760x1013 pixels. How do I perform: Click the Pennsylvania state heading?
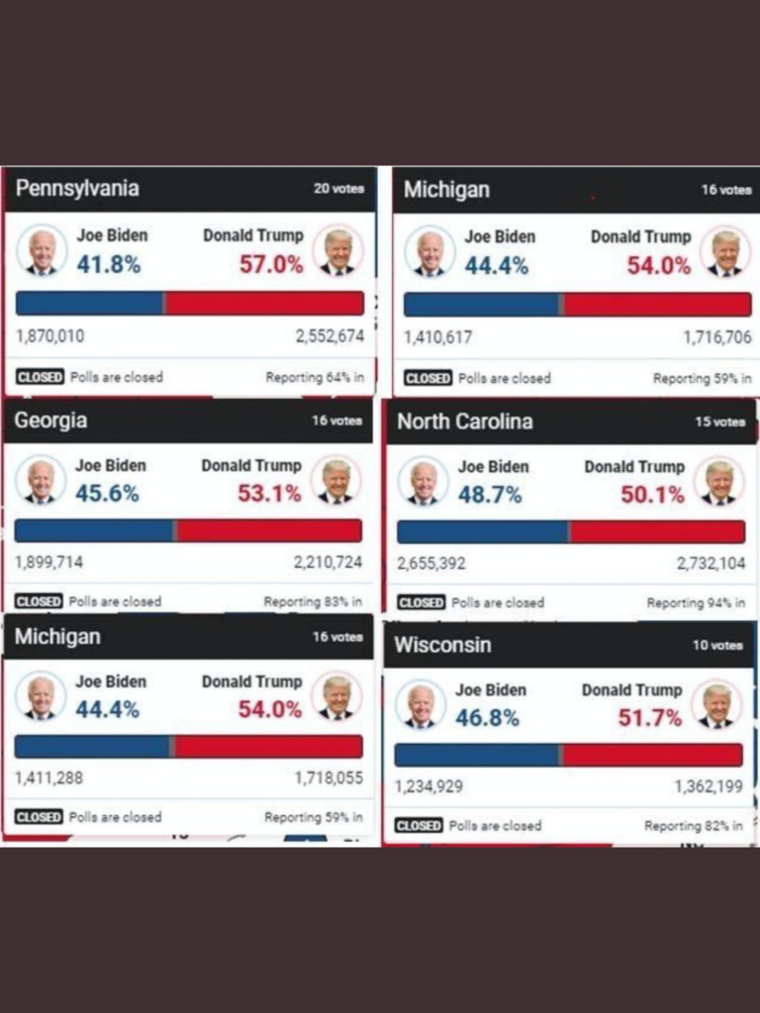77,188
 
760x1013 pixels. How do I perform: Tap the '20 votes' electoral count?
338,188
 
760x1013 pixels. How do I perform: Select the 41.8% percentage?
109,265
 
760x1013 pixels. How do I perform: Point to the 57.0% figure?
271,265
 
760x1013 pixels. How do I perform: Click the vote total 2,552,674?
330,336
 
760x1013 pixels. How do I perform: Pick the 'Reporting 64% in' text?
314,377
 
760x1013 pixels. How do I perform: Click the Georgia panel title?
50,420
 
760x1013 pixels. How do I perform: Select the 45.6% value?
107,493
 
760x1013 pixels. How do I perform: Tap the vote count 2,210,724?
328,562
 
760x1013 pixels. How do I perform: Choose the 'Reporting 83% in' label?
313,601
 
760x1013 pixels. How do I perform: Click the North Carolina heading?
465,421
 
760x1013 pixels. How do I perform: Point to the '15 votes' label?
719,421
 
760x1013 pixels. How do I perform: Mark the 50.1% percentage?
652,495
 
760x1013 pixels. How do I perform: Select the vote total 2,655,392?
431,564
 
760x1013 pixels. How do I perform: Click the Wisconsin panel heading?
442,645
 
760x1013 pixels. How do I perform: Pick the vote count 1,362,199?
709,786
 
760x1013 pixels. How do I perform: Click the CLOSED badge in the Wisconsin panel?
419,825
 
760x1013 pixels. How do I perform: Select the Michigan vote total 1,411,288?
48,778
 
